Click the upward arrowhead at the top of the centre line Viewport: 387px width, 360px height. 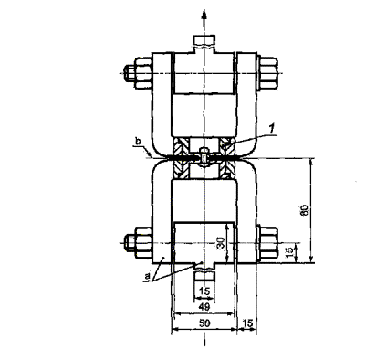point(204,15)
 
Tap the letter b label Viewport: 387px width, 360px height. point(139,143)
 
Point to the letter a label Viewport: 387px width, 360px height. point(147,276)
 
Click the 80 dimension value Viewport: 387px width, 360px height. point(305,210)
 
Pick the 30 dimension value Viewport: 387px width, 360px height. point(222,243)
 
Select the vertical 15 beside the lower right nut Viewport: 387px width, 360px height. point(290,250)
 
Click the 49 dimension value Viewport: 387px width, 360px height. point(205,307)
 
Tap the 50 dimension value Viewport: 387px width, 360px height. point(205,323)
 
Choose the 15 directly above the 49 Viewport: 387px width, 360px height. point(204,291)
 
